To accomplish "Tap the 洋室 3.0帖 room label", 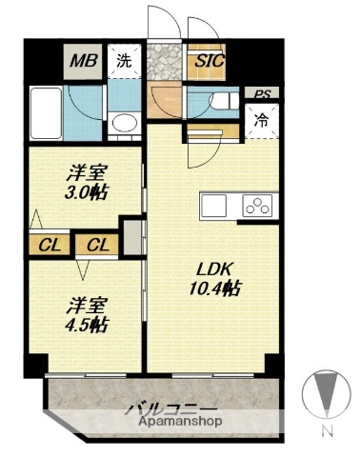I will tap(85, 182).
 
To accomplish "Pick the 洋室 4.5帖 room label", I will tap(86, 314).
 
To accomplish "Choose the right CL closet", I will tap(97, 246).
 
